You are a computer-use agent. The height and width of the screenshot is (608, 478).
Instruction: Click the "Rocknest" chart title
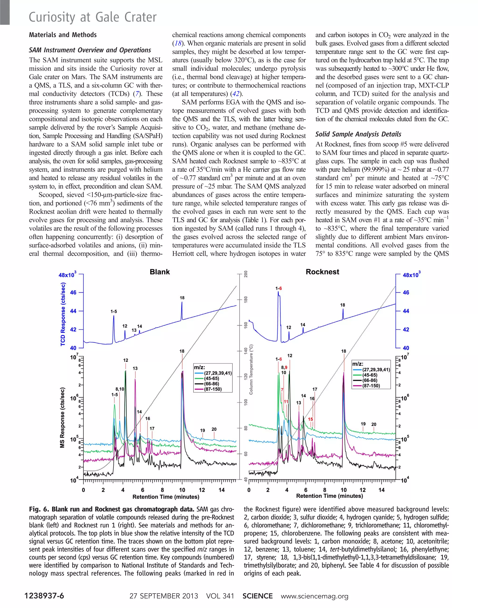click(x=322, y=272)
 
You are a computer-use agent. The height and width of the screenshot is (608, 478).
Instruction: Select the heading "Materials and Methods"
click(x=63, y=35)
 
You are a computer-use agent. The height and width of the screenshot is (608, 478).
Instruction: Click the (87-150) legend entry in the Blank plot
click(x=213, y=389)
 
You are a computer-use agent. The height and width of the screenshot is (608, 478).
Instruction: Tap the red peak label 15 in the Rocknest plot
click(x=310, y=419)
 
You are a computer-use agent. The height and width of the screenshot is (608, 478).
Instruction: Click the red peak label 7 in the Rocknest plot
click(x=282, y=389)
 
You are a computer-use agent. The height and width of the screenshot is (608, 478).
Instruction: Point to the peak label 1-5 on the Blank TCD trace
click(x=114, y=311)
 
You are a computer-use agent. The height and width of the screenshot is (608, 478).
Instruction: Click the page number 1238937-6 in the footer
click(x=44, y=596)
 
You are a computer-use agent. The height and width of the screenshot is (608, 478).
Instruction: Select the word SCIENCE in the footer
click(x=257, y=596)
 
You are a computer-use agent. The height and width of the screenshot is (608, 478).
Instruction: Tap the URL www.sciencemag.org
click(x=315, y=596)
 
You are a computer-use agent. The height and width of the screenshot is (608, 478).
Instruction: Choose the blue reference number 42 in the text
click(x=236, y=94)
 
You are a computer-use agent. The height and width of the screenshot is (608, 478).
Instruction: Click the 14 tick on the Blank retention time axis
click(x=222, y=490)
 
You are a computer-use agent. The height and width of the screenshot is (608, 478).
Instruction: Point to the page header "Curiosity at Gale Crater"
click(x=93, y=17)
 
